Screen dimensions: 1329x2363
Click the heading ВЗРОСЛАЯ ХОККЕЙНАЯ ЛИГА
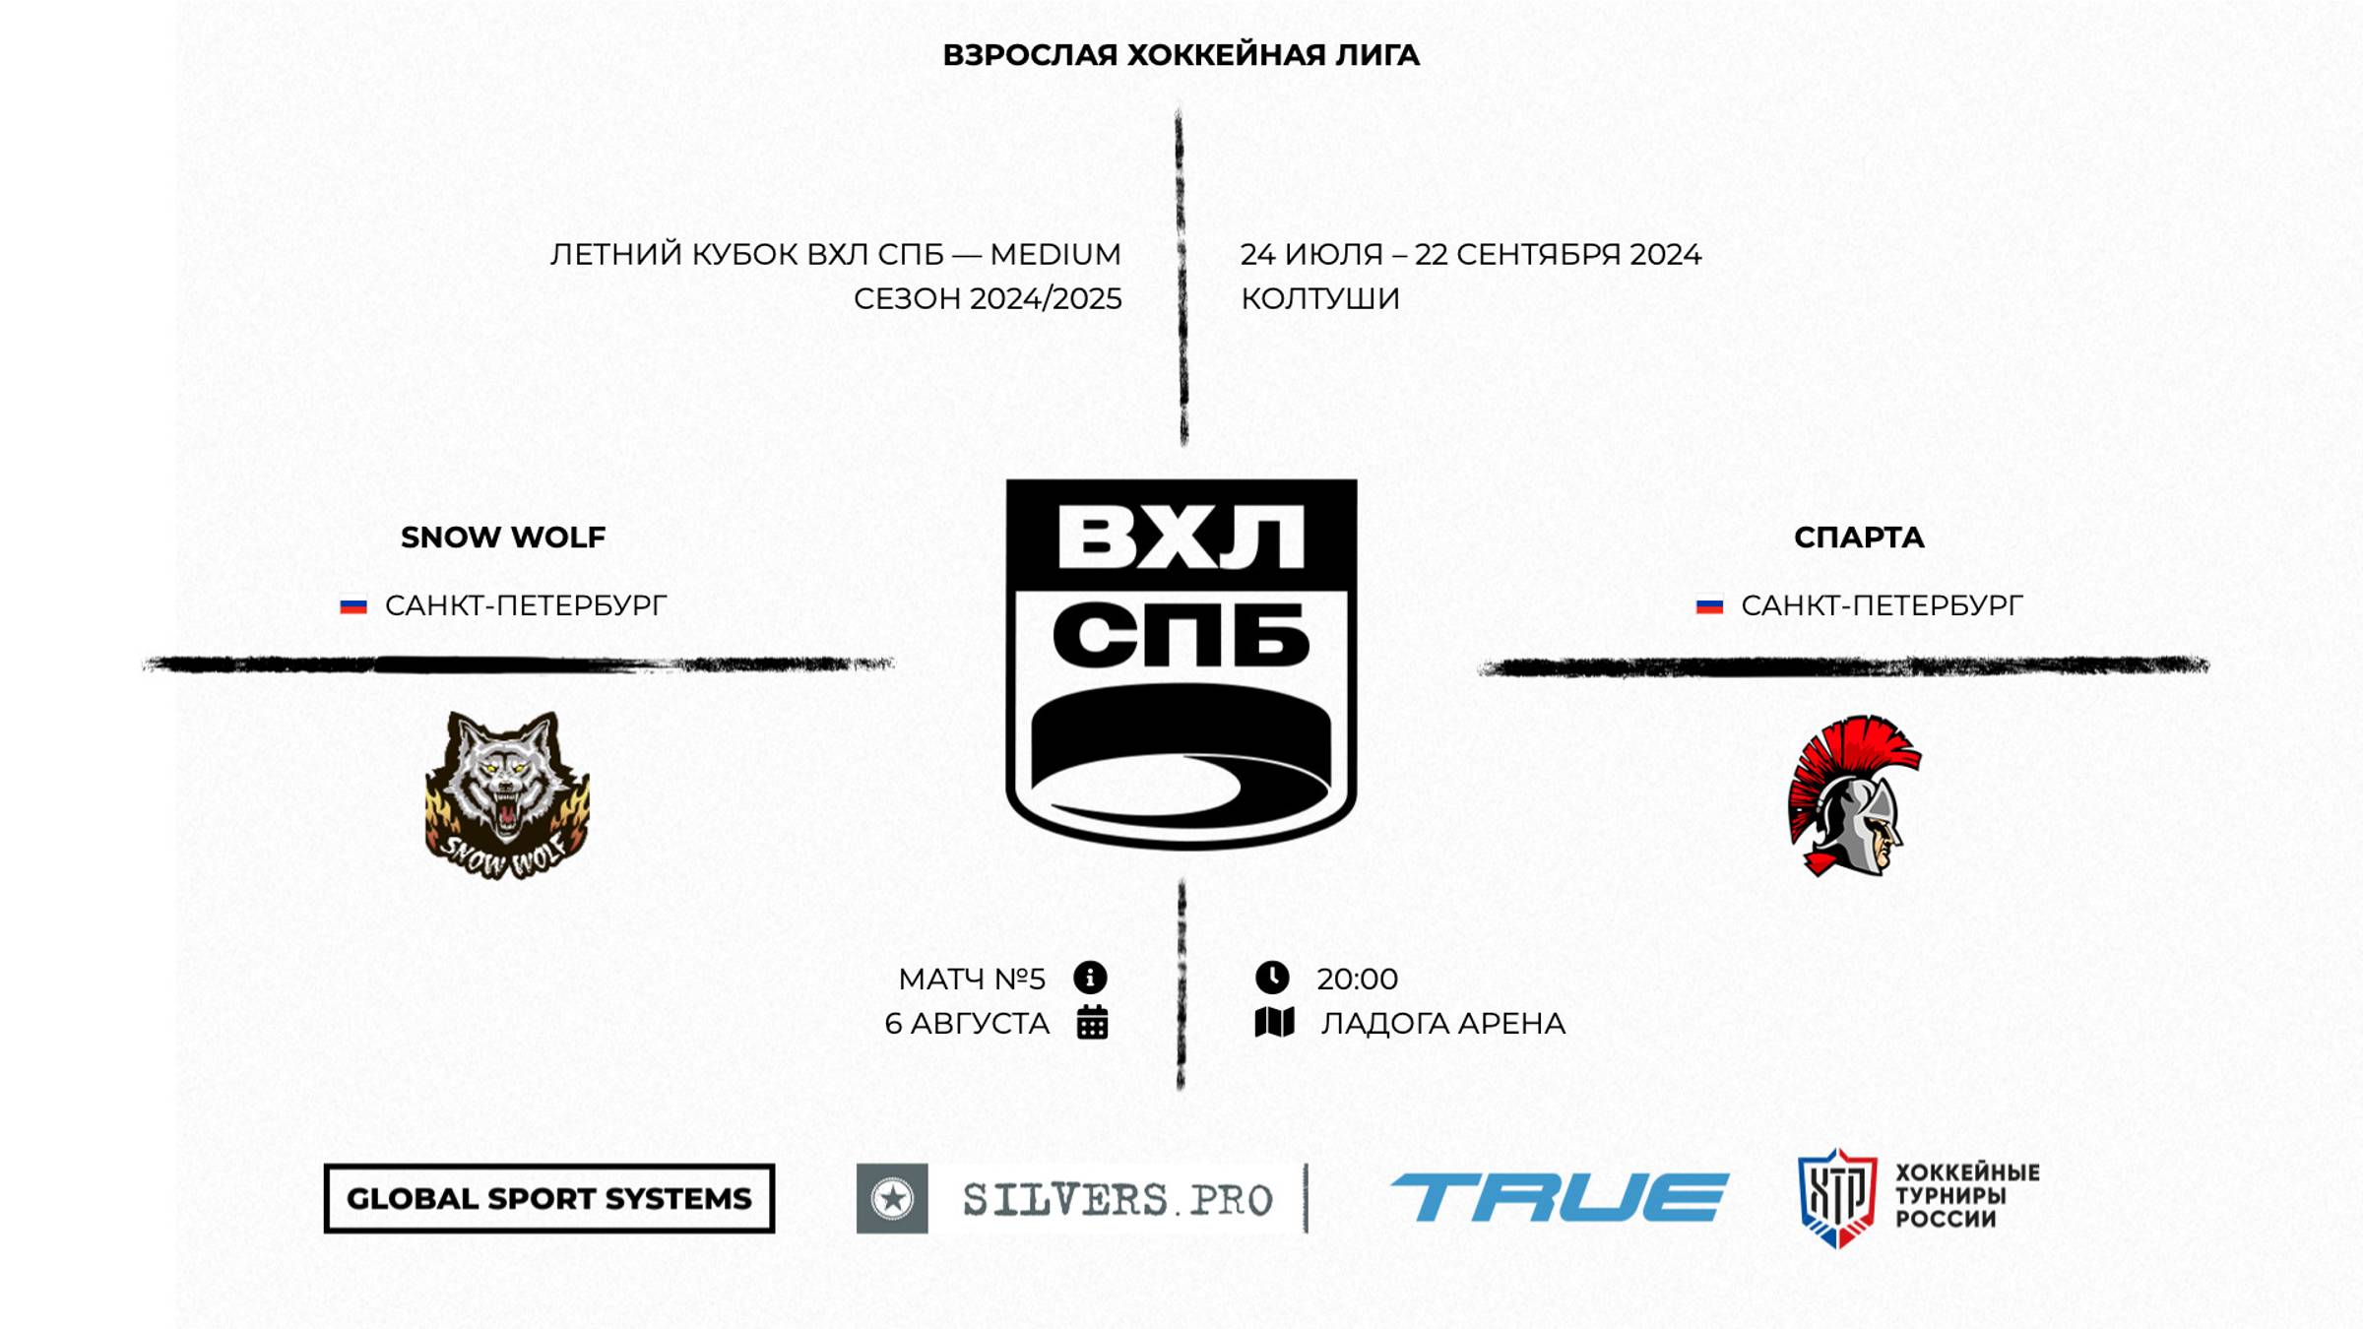point(1181,55)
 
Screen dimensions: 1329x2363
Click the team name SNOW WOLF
point(502,538)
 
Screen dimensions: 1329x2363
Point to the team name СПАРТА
point(1858,538)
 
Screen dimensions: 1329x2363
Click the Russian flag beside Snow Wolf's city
point(353,606)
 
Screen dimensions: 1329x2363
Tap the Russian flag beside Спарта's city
point(1709,606)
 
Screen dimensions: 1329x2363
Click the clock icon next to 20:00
point(1272,978)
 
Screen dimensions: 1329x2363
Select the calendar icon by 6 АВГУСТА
point(1092,1023)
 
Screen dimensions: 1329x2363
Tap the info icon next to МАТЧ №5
point(1090,978)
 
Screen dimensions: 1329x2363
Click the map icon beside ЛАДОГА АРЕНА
point(1274,1023)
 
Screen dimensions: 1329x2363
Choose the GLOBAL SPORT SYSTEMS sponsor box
point(549,1198)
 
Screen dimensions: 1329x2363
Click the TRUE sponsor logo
point(1559,1197)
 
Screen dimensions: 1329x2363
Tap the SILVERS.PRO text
point(1118,1199)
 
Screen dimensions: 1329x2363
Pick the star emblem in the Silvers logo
point(892,1198)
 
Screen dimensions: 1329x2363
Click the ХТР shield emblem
point(1836,1197)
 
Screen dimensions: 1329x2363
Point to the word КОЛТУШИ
point(1319,298)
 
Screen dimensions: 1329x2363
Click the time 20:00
point(1357,980)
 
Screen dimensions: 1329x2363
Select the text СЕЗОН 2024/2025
point(988,298)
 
